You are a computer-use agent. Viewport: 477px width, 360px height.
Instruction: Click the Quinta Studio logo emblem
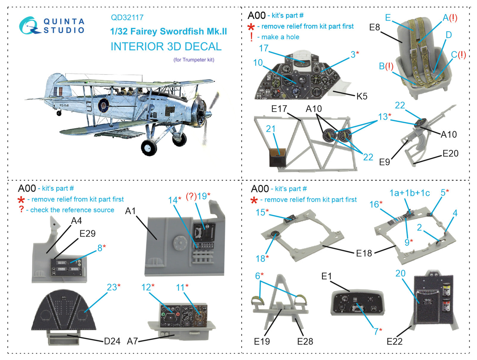(x=29, y=26)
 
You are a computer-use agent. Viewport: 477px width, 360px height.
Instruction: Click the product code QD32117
(x=127, y=18)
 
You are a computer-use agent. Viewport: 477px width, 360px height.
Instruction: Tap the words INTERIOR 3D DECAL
(x=166, y=47)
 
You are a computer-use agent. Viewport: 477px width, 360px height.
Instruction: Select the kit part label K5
(x=362, y=96)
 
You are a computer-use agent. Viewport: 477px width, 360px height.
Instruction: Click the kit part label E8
(x=374, y=27)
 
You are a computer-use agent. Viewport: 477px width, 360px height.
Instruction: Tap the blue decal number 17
(x=264, y=48)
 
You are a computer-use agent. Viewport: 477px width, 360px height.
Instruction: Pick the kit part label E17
(x=279, y=109)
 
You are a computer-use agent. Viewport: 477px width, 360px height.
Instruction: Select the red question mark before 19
(x=191, y=197)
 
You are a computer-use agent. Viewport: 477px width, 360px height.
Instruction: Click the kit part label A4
(x=76, y=221)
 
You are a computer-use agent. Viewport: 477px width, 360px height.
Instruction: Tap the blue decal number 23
(x=112, y=287)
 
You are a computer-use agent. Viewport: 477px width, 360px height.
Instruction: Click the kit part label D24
(x=112, y=341)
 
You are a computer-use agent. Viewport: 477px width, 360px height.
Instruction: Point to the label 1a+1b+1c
(x=409, y=193)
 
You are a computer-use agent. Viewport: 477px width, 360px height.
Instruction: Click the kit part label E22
(x=394, y=342)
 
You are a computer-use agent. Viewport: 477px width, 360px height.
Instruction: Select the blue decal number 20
(x=400, y=273)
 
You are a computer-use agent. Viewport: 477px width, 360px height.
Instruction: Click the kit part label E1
(x=326, y=276)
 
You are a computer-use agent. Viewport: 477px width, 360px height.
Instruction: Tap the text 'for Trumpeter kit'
(x=194, y=60)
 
